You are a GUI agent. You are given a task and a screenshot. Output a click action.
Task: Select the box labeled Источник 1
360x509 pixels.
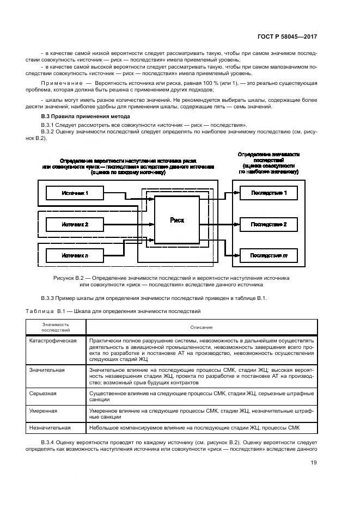75,193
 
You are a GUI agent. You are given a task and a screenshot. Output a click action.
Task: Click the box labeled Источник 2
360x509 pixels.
75,224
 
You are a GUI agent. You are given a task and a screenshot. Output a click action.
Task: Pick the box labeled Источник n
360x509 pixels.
75,255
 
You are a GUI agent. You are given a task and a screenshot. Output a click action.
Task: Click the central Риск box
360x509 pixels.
177,220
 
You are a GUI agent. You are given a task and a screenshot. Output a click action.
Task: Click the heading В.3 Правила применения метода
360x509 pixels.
86,116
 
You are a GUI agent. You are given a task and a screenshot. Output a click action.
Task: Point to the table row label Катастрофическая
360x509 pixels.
53,341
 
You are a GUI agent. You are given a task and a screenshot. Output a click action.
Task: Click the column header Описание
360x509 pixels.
201,327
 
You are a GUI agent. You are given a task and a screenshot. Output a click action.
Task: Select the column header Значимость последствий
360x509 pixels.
56,327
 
